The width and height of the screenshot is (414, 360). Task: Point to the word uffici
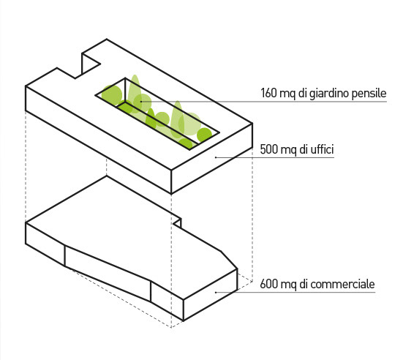click(x=323, y=149)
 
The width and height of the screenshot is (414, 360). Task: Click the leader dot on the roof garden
click(x=141, y=101)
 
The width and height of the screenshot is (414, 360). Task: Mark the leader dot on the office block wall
click(x=216, y=157)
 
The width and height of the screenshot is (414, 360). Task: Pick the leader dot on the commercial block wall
click(x=216, y=293)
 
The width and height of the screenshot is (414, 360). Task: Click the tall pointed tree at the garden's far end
click(x=135, y=92)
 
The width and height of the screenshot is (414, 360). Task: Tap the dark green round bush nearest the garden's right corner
click(x=205, y=135)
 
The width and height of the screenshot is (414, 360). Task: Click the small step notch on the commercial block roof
click(x=177, y=222)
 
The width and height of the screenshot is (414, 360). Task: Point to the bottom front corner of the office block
click(x=171, y=194)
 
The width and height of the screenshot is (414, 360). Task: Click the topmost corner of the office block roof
click(x=107, y=39)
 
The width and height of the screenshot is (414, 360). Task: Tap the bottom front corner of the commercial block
click(x=184, y=320)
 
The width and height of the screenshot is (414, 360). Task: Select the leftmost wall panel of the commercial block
click(x=45, y=244)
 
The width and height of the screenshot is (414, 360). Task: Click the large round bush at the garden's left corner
click(x=112, y=95)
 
